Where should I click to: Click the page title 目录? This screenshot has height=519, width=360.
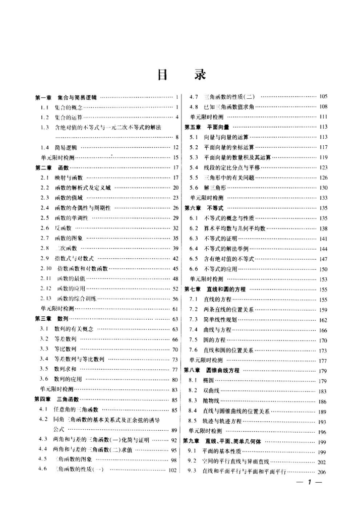[180, 75]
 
